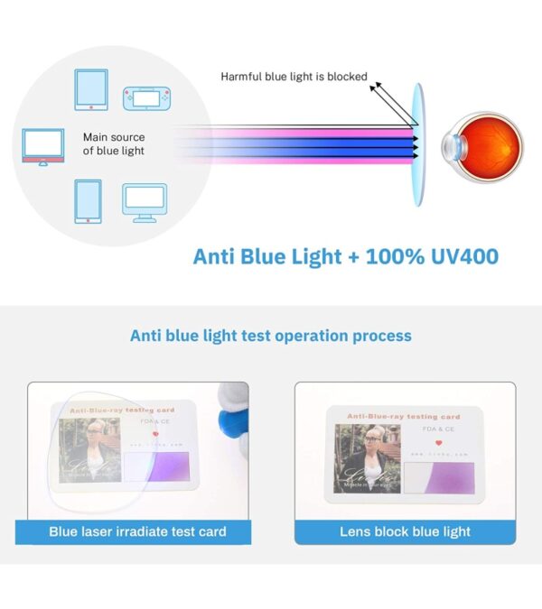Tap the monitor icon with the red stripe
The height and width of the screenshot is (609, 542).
[x=43, y=146]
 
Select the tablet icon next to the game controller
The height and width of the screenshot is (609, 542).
[x=91, y=90]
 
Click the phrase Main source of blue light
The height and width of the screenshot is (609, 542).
[x=114, y=144]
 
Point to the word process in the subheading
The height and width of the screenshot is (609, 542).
[x=380, y=336]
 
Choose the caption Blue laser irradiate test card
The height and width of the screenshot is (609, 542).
[x=137, y=531]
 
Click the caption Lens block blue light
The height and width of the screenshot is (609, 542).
[x=405, y=531]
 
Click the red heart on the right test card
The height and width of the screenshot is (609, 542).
[x=437, y=443]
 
